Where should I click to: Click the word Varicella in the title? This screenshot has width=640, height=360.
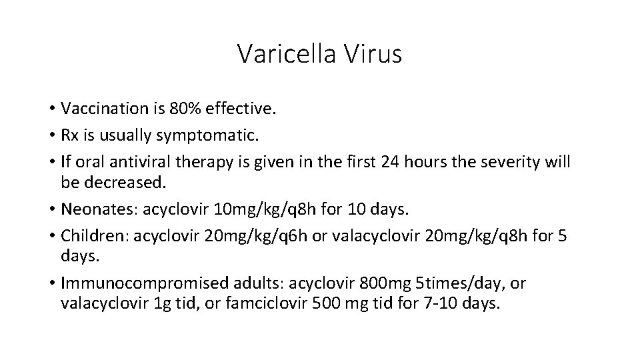click(x=287, y=54)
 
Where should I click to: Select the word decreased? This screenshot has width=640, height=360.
click(x=127, y=182)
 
